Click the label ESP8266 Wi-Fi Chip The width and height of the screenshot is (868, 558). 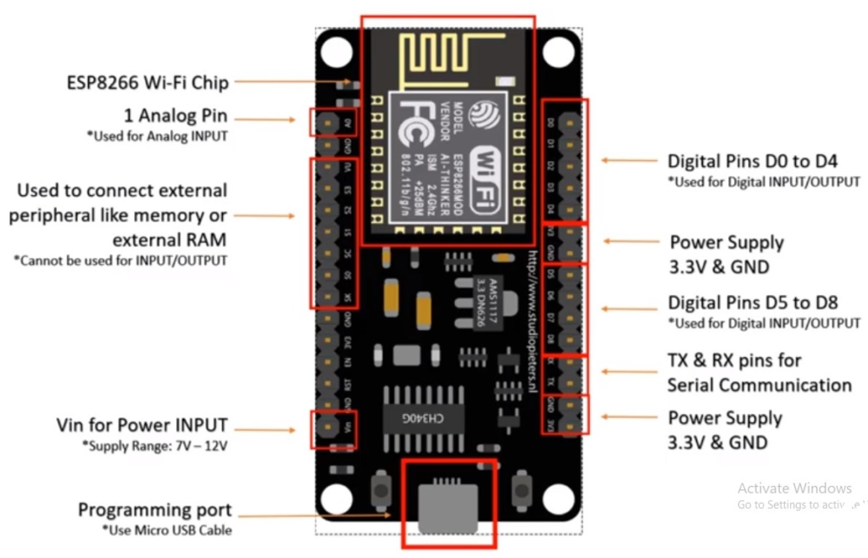(x=147, y=82)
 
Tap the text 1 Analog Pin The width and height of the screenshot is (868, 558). (x=175, y=117)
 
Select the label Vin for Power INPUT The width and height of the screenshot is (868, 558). (x=142, y=425)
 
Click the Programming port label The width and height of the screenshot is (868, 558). (x=154, y=510)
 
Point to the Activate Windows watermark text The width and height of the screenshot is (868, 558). (x=794, y=488)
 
